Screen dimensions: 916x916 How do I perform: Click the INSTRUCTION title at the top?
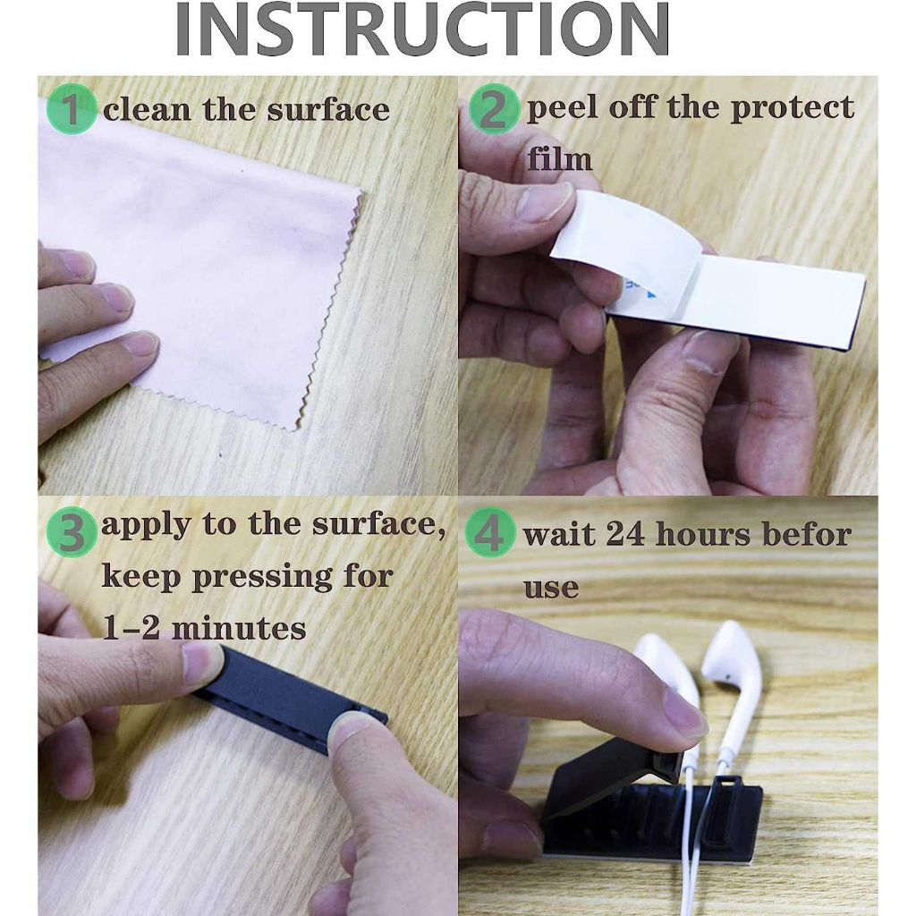[x=422, y=29]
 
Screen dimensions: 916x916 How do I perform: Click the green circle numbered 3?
[x=71, y=531]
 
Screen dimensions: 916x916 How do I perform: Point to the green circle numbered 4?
[x=490, y=533]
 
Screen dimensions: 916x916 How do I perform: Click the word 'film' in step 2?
[x=559, y=159]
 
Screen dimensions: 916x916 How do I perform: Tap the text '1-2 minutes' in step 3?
[x=204, y=628]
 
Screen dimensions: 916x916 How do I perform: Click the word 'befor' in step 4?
[x=806, y=535]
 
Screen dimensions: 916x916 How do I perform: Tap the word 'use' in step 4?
[x=550, y=587]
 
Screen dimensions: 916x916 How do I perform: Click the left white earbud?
[x=664, y=666]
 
